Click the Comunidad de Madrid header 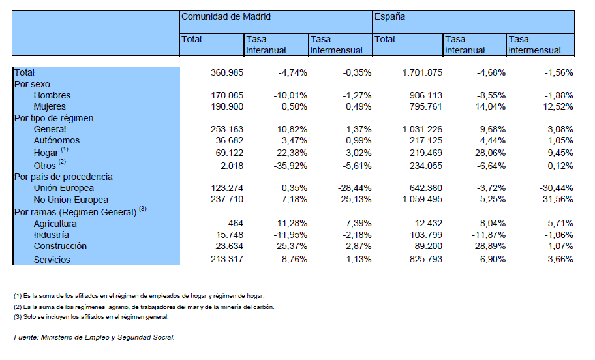point(226,17)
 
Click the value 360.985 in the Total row point(227,72)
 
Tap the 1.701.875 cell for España point(422,72)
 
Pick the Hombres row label point(52,95)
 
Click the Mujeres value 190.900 point(227,106)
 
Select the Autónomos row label point(57,140)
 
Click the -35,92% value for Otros point(290,166)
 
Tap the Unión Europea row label point(63,188)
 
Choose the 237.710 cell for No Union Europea point(227,199)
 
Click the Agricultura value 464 point(236,224)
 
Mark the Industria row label point(52,235)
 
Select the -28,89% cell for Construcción point(489,247)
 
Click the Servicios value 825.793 point(426,259)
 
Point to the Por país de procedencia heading point(63,177)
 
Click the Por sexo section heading point(32,84)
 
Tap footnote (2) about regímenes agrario point(144,307)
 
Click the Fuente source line point(94,337)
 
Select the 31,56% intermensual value point(558,199)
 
